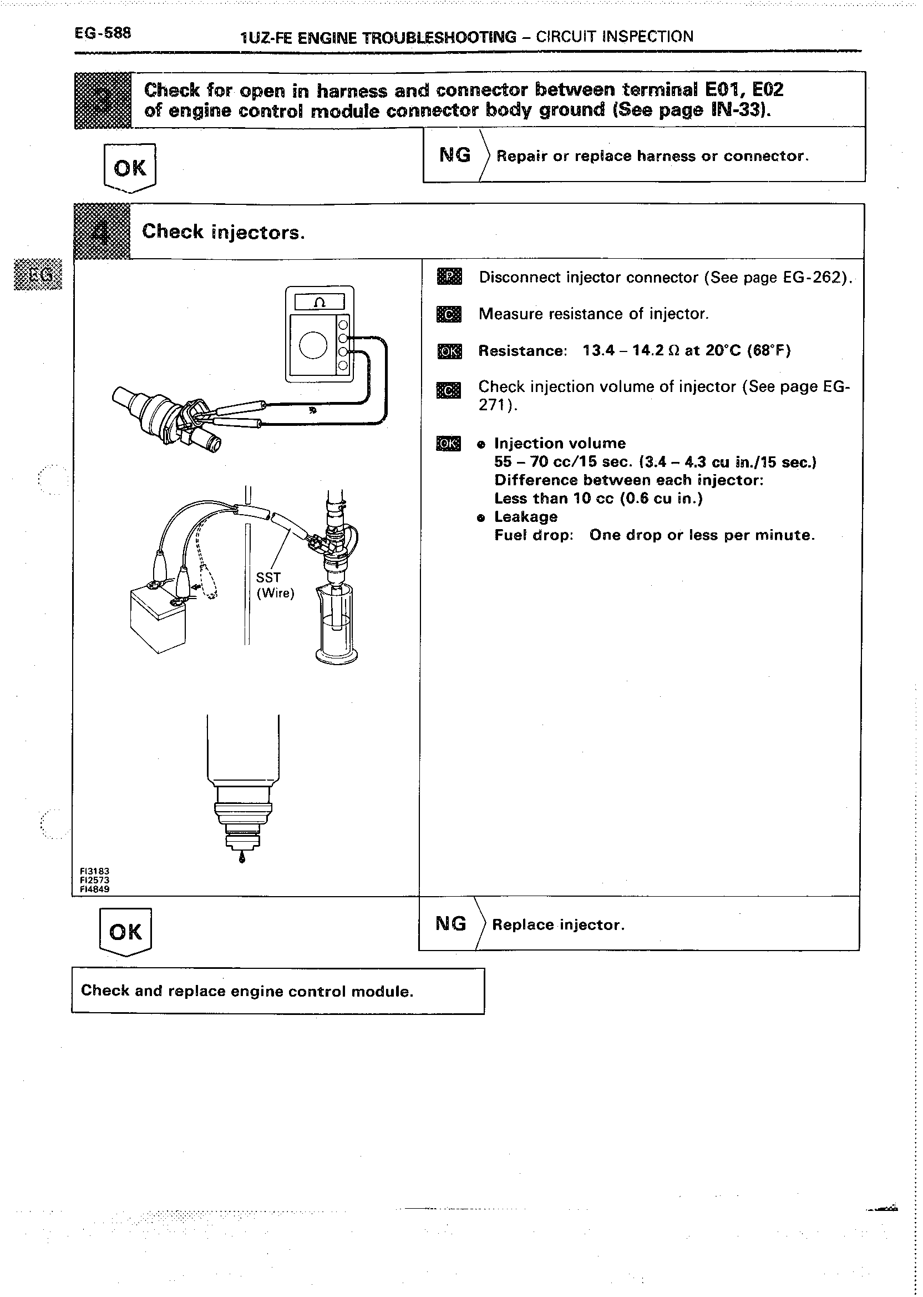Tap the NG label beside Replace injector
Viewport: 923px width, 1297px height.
(451, 923)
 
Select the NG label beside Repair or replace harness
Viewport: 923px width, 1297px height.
(455, 155)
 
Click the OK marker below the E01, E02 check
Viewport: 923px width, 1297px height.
(130, 168)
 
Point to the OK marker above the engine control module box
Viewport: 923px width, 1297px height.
(125, 932)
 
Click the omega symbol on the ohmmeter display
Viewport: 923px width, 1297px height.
(319, 303)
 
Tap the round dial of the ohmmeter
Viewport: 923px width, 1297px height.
(313, 346)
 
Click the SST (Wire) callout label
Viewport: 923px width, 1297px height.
(275, 585)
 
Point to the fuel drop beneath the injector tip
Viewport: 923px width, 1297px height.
(242, 858)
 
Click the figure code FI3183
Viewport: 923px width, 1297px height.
(94, 871)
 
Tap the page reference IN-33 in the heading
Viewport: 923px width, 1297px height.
(739, 109)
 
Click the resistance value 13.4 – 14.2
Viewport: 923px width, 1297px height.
(623, 350)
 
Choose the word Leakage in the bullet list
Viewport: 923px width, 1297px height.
(526, 516)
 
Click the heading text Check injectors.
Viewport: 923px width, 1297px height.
(224, 232)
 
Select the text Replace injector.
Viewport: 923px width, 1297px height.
(558, 925)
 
